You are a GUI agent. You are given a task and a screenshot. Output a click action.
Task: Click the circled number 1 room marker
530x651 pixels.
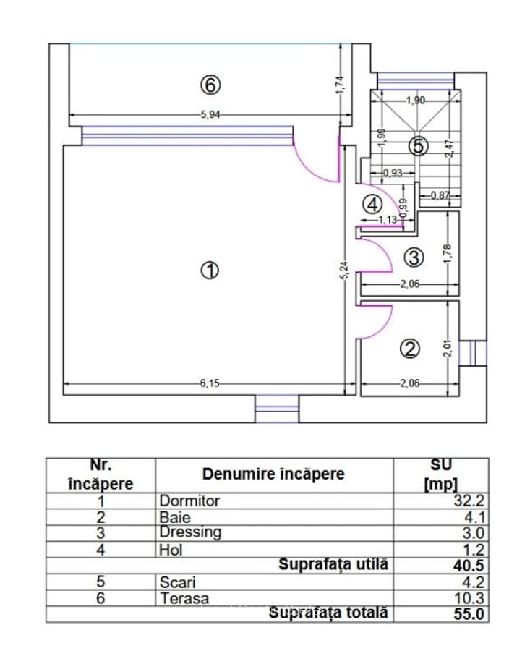coord(209,271)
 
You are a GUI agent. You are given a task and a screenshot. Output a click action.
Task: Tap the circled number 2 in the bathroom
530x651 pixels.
coord(409,349)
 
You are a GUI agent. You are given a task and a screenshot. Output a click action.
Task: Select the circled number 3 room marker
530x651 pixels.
coord(413,257)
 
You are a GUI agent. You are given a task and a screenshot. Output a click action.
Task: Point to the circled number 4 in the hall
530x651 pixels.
coord(372,204)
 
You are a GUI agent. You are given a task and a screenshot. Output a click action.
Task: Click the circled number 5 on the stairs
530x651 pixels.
coord(417,146)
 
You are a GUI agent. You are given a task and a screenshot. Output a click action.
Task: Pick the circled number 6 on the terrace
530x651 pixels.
coord(210,85)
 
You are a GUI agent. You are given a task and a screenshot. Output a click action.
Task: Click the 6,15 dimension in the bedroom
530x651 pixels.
coord(209,383)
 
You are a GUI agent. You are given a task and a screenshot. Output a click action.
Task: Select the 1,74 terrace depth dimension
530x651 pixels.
coord(341,85)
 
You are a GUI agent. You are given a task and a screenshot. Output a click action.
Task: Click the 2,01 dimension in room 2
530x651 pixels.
coord(448,349)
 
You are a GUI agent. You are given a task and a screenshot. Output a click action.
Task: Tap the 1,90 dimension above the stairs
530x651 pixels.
coord(415,101)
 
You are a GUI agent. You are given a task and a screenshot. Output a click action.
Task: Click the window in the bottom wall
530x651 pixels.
coord(277,409)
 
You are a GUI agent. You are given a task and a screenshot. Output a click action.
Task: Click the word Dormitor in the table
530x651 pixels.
coord(189,501)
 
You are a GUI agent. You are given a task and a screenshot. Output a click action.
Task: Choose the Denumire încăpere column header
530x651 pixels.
coord(273,475)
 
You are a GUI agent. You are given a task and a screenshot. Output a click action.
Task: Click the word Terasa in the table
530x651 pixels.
coord(184,598)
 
